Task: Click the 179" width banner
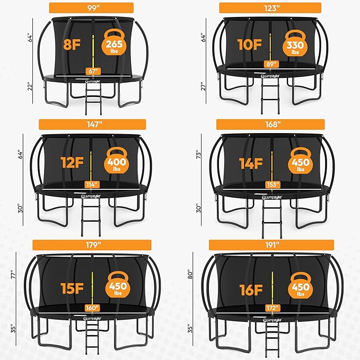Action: (x=92, y=244)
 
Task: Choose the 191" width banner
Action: (x=271, y=244)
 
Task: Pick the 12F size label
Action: (x=71, y=162)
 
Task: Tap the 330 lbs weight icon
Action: (x=295, y=44)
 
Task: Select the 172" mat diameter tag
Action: (x=271, y=307)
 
